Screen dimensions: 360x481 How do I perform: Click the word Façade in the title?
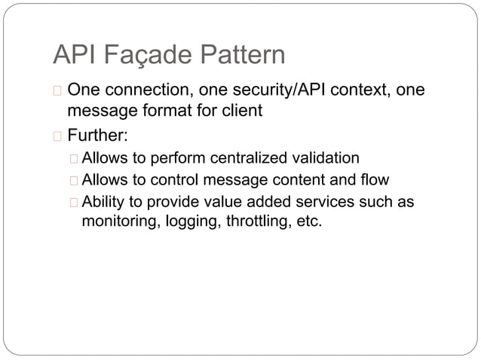point(144,55)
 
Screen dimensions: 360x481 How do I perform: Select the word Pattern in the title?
point(241,55)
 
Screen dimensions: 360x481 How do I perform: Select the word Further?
point(97,137)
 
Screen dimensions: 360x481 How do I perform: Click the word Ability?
point(103,202)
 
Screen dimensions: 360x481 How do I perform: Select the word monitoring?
point(118,222)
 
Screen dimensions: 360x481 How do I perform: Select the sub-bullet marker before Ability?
point(72,203)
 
